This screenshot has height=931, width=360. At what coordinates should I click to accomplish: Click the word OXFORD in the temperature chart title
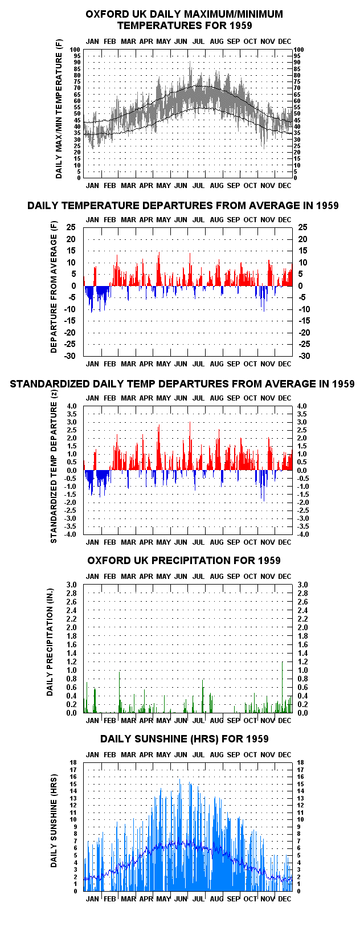point(107,14)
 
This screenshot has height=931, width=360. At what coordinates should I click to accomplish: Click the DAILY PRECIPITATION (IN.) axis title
point(50,642)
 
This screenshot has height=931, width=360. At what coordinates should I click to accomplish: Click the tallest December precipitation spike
point(283,687)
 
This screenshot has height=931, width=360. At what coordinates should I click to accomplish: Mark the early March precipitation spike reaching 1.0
point(119,692)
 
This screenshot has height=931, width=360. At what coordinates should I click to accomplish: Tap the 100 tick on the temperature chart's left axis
point(75,50)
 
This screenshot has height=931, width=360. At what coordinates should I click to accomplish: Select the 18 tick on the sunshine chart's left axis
point(73,762)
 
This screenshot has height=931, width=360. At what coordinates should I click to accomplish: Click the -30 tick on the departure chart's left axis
point(70,356)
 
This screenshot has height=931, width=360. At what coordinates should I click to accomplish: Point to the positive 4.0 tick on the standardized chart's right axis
point(302,406)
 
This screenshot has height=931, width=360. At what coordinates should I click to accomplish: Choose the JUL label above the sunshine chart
point(198,754)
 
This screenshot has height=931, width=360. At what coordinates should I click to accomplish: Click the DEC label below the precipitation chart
point(285,720)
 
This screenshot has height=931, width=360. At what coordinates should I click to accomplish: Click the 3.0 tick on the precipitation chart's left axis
point(72,585)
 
